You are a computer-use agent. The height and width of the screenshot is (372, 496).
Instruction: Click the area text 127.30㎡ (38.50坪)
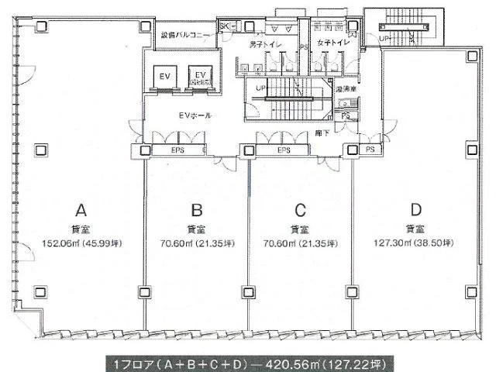point(416,243)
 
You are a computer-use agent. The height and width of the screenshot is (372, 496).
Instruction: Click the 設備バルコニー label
point(188,36)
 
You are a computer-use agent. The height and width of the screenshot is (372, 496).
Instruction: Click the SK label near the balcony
point(226,27)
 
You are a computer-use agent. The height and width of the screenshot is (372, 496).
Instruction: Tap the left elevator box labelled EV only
point(165,78)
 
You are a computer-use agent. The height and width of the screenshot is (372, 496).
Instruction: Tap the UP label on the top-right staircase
point(384,36)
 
